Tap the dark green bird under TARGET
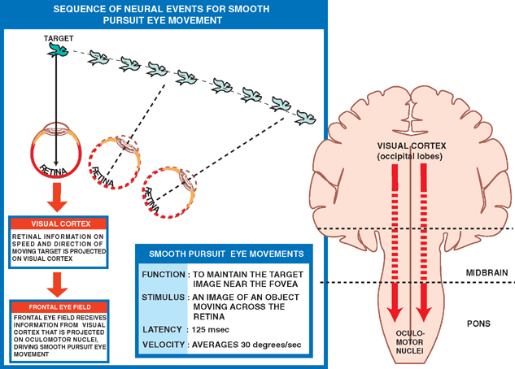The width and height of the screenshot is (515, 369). (x=57, y=53)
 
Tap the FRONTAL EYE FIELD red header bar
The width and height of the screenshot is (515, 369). (x=55, y=306)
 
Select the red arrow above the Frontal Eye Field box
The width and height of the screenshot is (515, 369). (x=55, y=284)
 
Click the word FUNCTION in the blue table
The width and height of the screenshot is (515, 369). (x=164, y=275)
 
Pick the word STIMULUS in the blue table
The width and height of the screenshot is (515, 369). (x=164, y=299)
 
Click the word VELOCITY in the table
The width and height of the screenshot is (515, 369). (x=164, y=345)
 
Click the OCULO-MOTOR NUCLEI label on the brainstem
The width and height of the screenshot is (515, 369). (x=409, y=342)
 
